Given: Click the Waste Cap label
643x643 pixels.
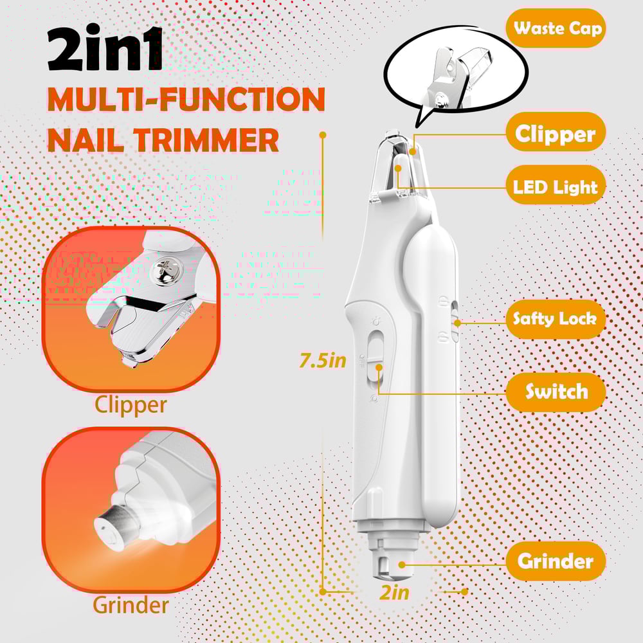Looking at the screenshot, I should point(557,28).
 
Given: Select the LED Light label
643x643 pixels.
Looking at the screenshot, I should point(555,187).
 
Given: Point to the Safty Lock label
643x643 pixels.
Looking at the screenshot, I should point(555,318).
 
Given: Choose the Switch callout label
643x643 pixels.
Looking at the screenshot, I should point(556,392).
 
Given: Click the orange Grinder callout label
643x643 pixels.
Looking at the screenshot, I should point(555,561).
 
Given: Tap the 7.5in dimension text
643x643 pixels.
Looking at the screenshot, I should point(323,361).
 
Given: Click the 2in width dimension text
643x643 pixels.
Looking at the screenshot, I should point(394,592).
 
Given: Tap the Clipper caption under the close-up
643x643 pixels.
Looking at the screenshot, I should point(131,405).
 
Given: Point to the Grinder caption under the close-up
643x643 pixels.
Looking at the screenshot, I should point(131,604).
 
